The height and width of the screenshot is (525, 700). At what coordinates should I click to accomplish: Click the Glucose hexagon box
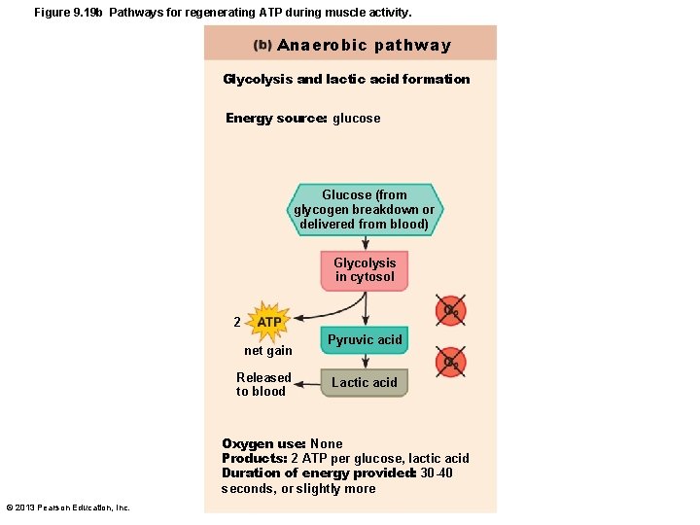[364, 209]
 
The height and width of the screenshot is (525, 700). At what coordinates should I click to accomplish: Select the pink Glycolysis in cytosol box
[365, 270]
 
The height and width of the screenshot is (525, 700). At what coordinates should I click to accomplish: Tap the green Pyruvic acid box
[365, 339]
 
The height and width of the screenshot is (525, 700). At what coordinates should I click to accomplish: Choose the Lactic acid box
[365, 382]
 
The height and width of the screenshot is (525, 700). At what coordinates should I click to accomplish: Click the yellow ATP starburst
[269, 322]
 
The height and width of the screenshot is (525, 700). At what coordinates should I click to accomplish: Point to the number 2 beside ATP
[237, 322]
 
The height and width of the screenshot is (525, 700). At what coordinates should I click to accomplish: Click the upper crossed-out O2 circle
[451, 311]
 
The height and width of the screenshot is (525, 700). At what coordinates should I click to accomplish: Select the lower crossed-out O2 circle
[451, 362]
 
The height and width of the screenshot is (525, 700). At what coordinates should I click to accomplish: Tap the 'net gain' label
[267, 351]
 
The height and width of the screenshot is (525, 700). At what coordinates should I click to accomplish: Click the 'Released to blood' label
[262, 384]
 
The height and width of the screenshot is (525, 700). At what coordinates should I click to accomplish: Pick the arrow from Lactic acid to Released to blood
[307, 382]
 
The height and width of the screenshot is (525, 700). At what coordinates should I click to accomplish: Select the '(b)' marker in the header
[262, 46]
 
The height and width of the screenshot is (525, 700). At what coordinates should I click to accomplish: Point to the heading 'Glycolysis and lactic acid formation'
[346, 80]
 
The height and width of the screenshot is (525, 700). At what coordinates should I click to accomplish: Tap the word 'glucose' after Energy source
[357, 119]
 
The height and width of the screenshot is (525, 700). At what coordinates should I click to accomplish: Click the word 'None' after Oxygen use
[327, 444]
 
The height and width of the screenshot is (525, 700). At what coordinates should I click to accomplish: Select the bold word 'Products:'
[254, 459]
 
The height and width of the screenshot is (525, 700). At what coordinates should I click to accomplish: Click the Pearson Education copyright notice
[68, 507]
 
